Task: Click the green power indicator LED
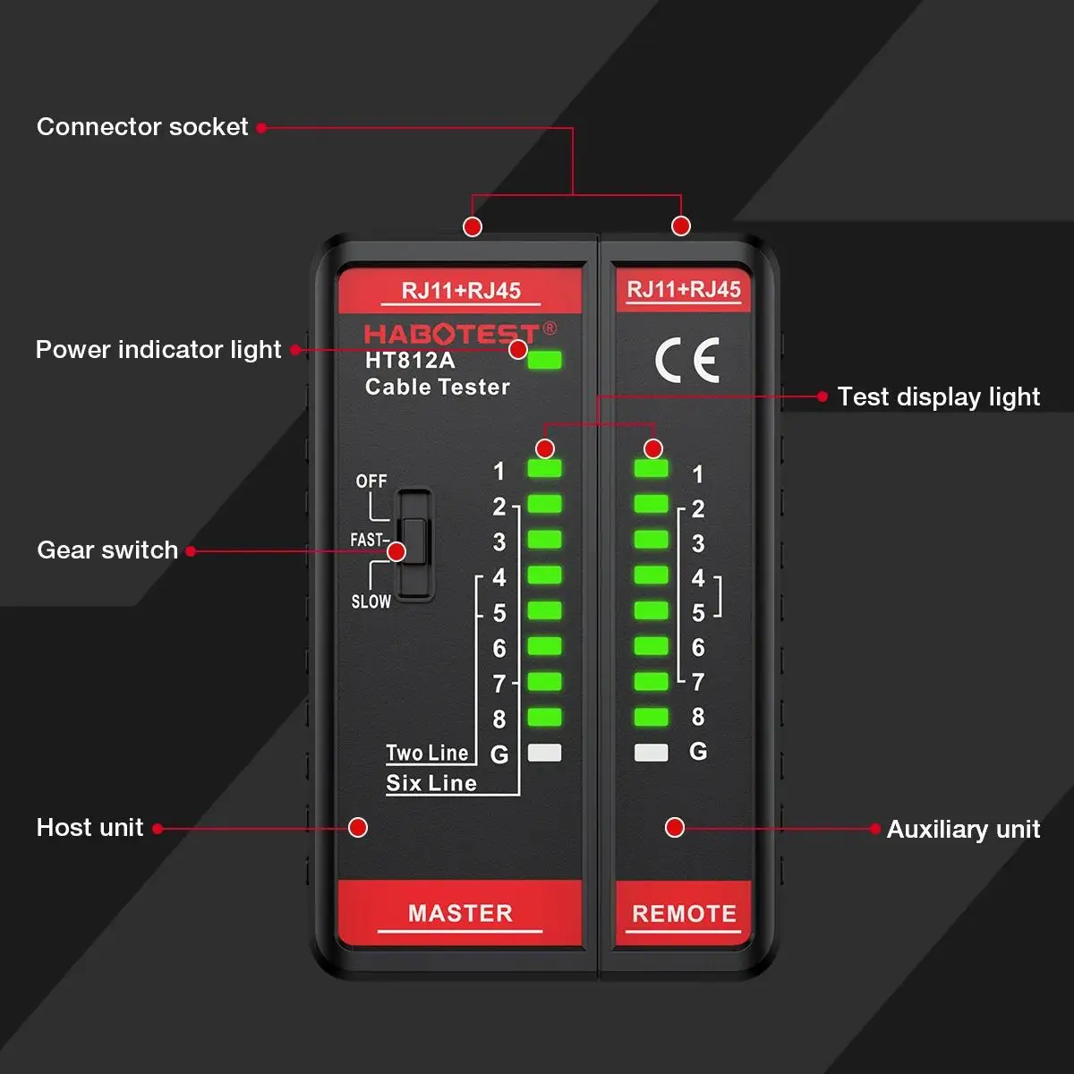[545, 361]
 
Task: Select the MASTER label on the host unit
[460, 913]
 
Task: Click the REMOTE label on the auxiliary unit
[684, 914]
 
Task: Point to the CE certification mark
[686, 361]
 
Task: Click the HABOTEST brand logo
[452, 335]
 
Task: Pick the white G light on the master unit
[544, 753]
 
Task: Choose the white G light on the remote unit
[651, 753]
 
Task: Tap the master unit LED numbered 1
[544, 469]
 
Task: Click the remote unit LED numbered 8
[651, 717]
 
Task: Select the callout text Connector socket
[142, 127]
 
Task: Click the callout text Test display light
[939, 397]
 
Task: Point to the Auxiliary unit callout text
[963, 830]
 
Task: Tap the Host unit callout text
[89, 828]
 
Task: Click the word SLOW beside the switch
[371, 601]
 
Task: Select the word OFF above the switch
[371, 482]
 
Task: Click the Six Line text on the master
[431, 784]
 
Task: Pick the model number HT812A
[410, 362]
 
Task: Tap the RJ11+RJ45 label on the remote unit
[684, 290]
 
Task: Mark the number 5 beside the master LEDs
[499, 613]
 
